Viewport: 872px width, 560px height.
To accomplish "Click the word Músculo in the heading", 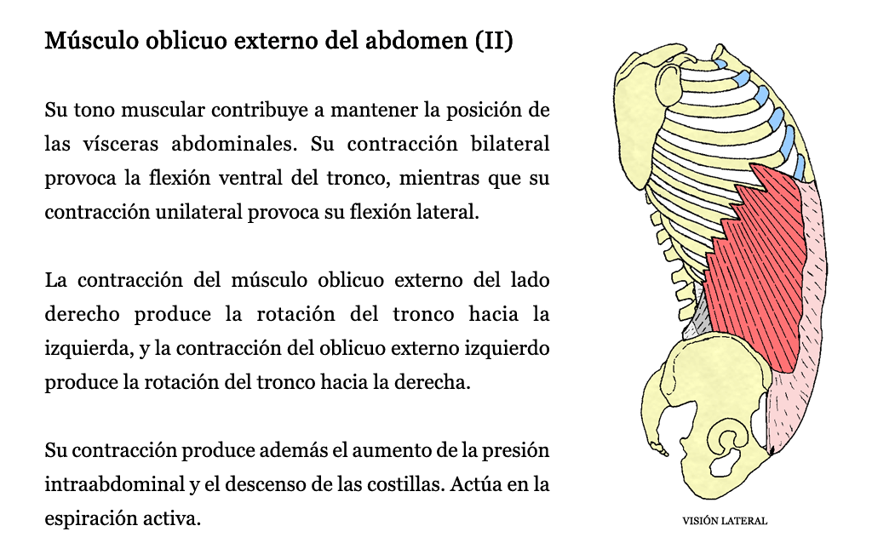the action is click(92, 41).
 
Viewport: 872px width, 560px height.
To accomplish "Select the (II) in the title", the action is click(494, 41).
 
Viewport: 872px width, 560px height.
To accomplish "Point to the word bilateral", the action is click(510, 144).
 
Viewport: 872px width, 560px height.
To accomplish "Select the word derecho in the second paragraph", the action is click(83, 314).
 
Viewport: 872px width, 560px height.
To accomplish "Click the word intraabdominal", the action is click(115, 484).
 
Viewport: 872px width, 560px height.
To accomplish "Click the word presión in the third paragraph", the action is click(515, 450).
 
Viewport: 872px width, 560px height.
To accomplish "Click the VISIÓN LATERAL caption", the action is click(725, 521).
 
